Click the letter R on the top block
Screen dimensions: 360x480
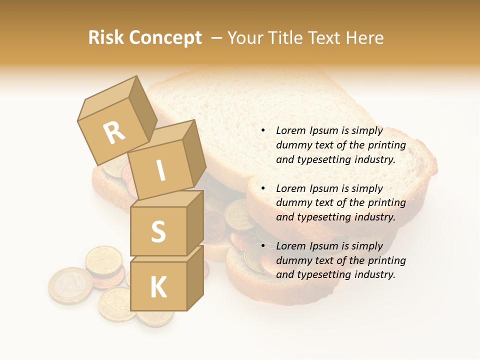[114, 132]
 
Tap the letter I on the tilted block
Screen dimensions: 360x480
[160, 170]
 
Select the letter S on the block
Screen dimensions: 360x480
[158, 231]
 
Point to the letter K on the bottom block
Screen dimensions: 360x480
[158, 287]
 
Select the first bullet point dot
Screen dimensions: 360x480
[263, 131]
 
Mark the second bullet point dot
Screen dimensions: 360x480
[263, 188]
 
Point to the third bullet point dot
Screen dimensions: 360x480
[263, 246]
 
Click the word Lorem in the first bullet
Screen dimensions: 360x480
[289, 130]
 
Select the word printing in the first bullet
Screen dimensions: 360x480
[386, 145]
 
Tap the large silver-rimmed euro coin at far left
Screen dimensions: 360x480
[70, 285]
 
